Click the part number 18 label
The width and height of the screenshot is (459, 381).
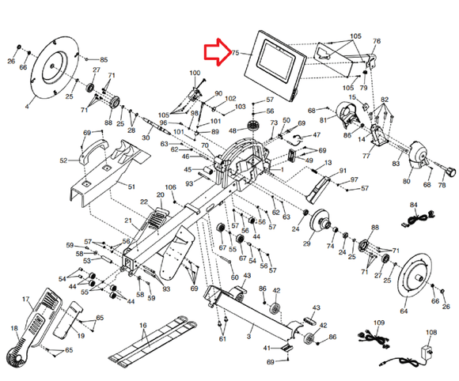tap(13, 327)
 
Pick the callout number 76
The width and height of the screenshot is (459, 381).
tap(377, 41)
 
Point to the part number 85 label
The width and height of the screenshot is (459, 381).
tap(104, 60)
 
